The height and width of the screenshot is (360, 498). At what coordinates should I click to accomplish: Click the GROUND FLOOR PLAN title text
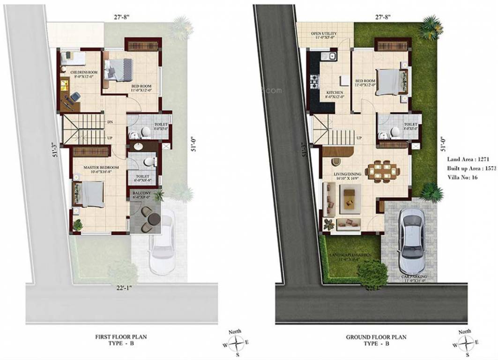[x=376, y=337]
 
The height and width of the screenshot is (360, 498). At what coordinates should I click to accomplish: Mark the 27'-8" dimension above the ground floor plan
[x=383, y=17]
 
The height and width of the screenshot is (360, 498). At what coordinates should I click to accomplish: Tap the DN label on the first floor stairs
[x=110, y=122]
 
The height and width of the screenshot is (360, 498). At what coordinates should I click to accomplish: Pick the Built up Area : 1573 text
[x=472, y=168]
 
